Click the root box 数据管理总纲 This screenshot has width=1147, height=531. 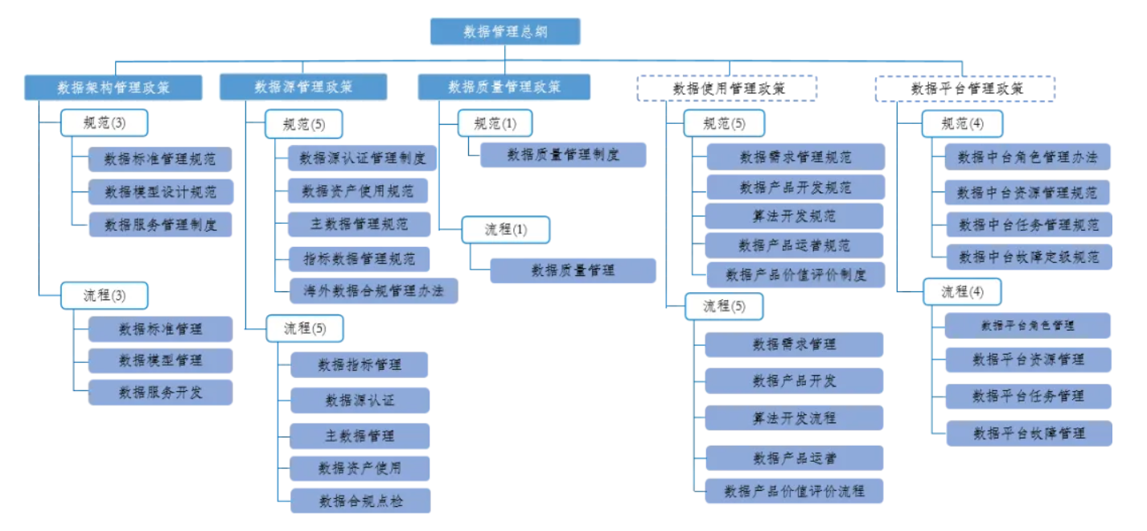click(504, 31)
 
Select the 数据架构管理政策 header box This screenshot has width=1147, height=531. click(112, 87)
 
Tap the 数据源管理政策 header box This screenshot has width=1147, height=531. click(303, 87)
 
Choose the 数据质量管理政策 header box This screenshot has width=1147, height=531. click(504, 87)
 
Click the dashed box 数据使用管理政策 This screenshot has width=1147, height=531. click(726, 88)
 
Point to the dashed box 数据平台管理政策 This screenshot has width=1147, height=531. click(964, 88)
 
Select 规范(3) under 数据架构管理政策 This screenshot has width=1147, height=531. click(105, 123)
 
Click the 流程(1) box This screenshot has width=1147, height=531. click(505, 229)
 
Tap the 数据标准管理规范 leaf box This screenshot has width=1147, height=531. click(160, 159)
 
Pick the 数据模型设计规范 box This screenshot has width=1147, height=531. click(160, 191)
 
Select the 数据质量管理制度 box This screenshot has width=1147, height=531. click(563, 154)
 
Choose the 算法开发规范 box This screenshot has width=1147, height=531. click(794, 216)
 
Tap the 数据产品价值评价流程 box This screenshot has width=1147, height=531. click(794, 490)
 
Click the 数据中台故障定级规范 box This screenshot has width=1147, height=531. click(1028, 257)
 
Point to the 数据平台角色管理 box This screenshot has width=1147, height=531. click(1028, 326)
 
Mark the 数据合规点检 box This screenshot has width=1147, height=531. click(360, 500)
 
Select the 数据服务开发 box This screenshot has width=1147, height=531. click(160, 392)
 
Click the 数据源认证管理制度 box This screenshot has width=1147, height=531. click(362, 158)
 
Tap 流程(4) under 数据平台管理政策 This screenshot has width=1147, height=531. click(962, 291)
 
